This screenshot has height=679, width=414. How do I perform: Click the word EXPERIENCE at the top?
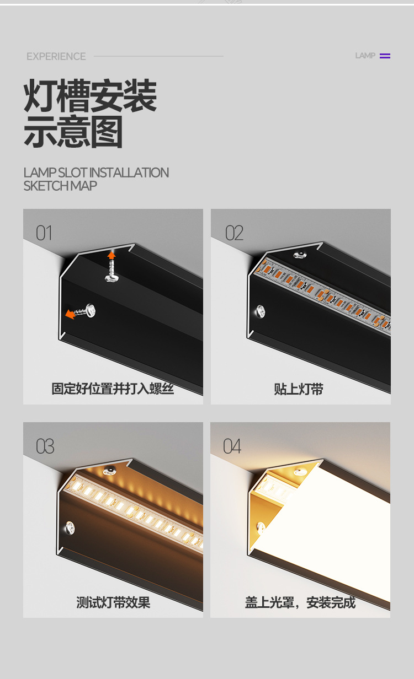point(56,56)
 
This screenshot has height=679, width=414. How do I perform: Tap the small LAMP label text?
point(365,56)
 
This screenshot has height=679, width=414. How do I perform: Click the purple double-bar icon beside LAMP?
point(385,56)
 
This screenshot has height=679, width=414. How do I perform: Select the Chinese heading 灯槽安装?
point(90,96)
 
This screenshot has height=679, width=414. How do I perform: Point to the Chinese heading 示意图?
point(73,132)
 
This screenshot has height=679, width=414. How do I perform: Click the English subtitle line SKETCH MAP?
point(60,186)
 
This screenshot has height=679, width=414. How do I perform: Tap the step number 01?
point(44,233)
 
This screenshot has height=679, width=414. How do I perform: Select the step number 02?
point(234,233)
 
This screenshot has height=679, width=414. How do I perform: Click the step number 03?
point(45,446)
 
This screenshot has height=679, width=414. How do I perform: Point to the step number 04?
point(232,446)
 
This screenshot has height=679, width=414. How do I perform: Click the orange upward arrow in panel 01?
point(112,255)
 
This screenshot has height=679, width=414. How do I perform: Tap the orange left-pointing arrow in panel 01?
point(70,314)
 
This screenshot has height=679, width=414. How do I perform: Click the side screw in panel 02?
point(259,311)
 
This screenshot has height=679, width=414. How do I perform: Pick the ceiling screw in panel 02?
point(301,253)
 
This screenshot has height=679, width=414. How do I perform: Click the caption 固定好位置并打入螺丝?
point(113,389)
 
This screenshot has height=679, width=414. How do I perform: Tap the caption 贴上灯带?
point(299,389)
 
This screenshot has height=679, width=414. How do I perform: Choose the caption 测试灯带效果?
point(113,602)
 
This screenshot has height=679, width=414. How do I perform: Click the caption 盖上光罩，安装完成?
point(300,602)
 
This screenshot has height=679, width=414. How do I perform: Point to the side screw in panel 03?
point(70,527)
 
